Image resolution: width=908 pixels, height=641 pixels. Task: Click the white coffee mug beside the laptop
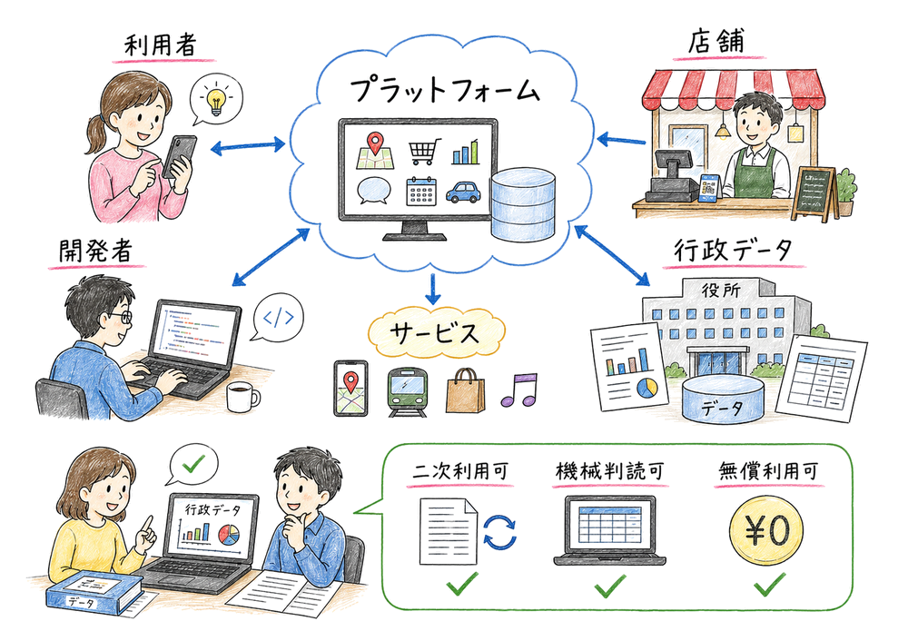click(x=242, y=396)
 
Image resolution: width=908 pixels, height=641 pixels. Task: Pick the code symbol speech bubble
click(x=277, y=318)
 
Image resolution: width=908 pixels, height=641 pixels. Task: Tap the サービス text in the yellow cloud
click(x=434, y=332)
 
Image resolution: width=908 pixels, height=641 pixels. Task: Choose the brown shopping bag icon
click(x=463, y=390)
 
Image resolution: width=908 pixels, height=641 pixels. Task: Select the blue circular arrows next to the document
click(x=498, y=531)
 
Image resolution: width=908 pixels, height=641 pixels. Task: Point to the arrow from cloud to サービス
click(x=433, y=289)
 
